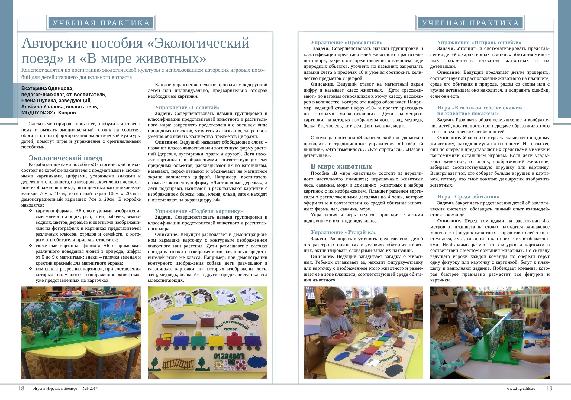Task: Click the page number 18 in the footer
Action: (x=21, y=389)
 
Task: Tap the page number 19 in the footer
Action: (x=549, y=389)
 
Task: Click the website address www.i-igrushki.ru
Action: (x=521, y=389)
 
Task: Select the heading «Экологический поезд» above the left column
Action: (x=65, y=158)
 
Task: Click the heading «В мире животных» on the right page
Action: (x=341, y=166)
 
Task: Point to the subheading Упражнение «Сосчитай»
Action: (x=187, y=107)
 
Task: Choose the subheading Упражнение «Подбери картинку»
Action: (x=199, y=211)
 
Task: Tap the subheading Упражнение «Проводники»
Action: (x=347, y=42)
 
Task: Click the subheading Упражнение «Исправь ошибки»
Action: (x=479, y=42)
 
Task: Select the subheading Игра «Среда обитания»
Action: (x=468, y=197)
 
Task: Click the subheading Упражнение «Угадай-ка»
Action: (x=344, y=232)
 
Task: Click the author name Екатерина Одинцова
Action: (x=47, y=89)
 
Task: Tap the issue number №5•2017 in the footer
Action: (x=90, y=389)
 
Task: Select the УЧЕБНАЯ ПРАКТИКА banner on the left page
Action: (x=101, y=23)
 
